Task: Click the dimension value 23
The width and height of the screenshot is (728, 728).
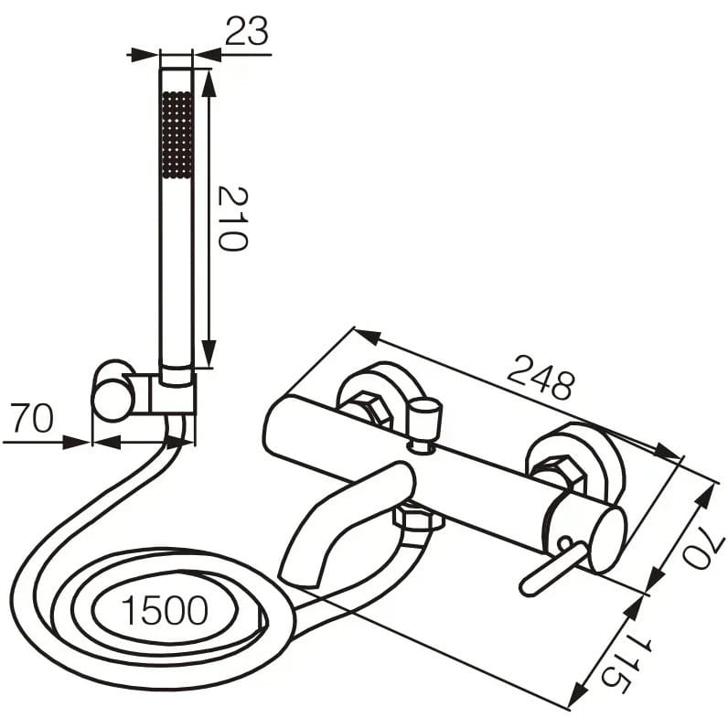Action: click(247, 31)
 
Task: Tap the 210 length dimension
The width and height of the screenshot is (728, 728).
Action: click(233, 219)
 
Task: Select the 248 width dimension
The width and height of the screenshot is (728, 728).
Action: click(541, 377)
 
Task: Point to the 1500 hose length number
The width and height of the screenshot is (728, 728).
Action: click(165, 610)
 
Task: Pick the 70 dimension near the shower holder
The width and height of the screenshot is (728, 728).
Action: click(32, 418)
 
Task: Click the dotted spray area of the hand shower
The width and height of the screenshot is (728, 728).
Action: click(177, 134)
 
